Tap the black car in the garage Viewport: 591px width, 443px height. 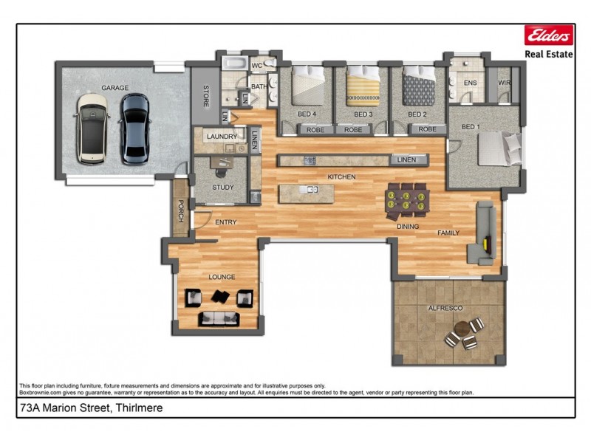[x=134, y=128]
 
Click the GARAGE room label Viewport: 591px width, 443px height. [x=115, y=88]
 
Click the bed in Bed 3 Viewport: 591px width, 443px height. [x=363, y=88]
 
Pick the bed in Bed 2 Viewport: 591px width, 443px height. [x=419, y=89]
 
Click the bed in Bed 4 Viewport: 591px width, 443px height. [x=307, y=88]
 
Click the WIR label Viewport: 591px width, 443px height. [x=505, y=83]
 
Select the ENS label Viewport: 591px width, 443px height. [x=470, y=83]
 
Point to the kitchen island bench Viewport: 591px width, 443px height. [x=306, y=193]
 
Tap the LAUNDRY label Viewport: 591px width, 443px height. [x=222, y=137]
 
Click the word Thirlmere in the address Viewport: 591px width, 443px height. [x=137, y=408]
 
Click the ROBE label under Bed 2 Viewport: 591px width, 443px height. [x=427, y=129]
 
